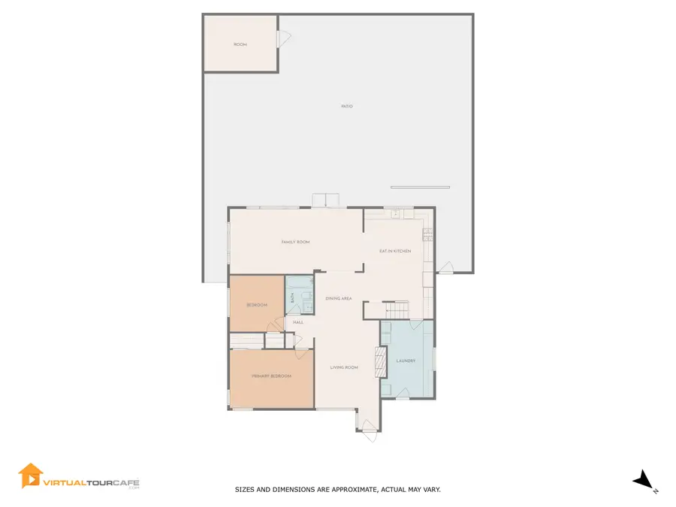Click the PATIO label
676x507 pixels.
point(346,107)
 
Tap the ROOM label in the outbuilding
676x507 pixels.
point(240,45)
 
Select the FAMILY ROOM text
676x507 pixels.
point(295,242)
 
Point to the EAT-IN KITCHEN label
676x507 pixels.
point(394,251)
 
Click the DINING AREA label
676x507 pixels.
point(339,299)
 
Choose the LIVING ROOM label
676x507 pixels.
point(345,367)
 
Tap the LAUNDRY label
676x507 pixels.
point(406,361)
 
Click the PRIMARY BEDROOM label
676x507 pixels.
point(271,376)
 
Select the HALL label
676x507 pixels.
point(298,322)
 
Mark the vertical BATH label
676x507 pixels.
point(293,299)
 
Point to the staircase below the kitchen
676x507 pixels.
point(396,309)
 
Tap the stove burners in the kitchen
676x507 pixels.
point(427,234)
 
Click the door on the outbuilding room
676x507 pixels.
point(283,38)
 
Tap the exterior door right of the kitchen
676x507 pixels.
point(445,267)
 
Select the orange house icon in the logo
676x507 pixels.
point(30,475)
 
